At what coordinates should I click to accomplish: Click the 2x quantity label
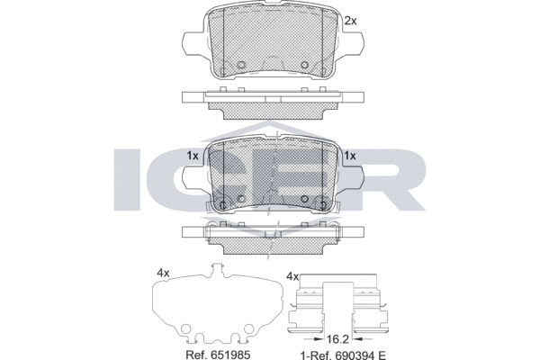351,22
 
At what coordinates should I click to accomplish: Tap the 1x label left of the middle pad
193,156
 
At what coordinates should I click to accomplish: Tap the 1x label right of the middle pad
350,156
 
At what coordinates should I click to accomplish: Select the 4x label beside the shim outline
163,274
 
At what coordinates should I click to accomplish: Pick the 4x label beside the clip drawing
292,276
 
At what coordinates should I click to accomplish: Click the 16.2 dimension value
338,339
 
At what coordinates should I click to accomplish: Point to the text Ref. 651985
218,354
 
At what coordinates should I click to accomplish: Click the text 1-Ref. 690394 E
343,355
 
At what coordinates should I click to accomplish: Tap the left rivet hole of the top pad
241,65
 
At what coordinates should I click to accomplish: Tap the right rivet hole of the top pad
304,65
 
